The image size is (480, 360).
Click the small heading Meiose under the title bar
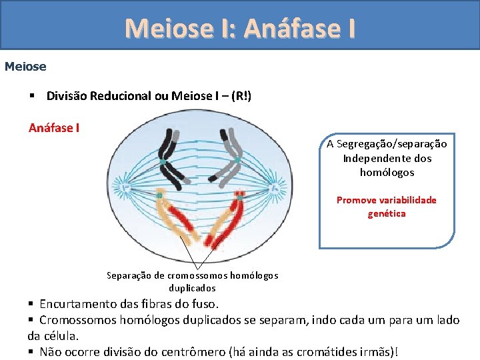click(25, 67)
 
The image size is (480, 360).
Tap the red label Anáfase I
click(54, 128)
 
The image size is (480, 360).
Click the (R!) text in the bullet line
click(241, 96)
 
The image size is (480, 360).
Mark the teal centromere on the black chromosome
click(162, 162)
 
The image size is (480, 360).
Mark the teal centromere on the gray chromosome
click(236, 160)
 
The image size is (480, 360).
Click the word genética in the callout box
click(387, 213)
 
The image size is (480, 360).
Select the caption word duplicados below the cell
click(192, 289)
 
